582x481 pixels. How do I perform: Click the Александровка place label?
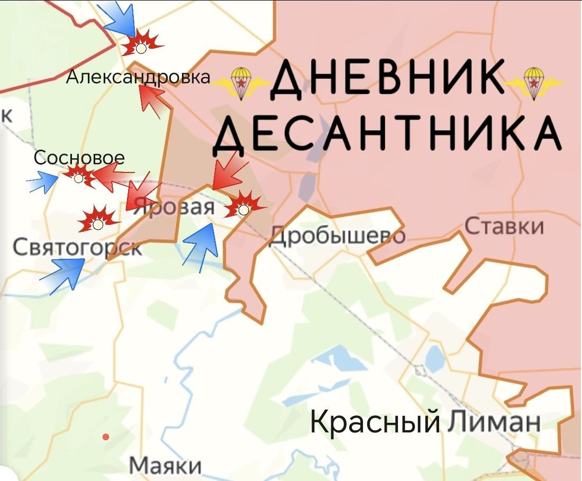click(138, 78)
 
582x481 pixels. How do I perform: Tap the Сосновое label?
click(79, 158)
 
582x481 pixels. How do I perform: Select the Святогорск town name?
click(77, 247)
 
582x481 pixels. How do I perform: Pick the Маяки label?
click(165, 466)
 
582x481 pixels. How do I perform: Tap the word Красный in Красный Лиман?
click(374, 422)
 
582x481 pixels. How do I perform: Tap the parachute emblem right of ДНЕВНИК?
click(535, 81)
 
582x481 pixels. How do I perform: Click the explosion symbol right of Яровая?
click(243, 206)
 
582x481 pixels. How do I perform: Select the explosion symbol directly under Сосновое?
click(79, 175)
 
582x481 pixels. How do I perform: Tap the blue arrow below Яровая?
click(203, 244)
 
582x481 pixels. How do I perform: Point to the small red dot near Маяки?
click(106, 437)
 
